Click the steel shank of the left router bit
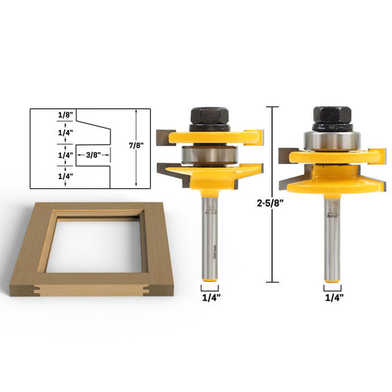pyautogui.click(x=212, y=235)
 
